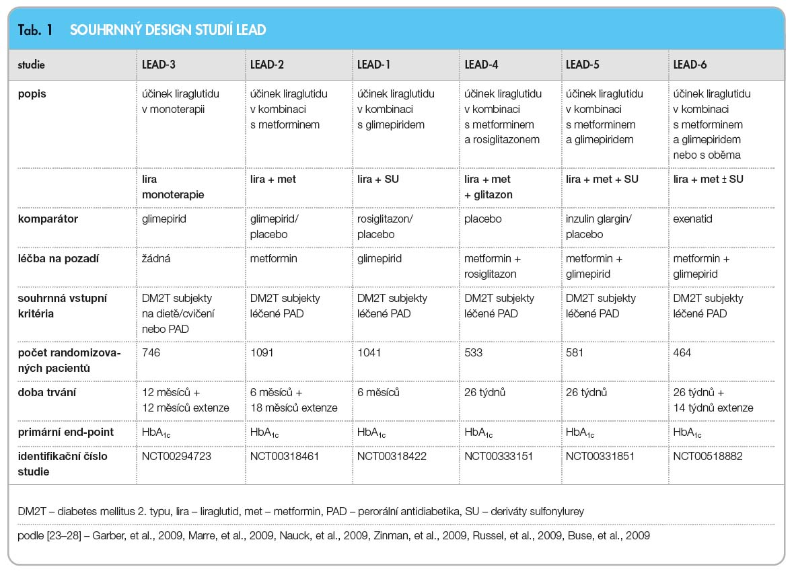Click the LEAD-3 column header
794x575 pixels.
click(159, 65)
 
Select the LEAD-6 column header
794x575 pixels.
click(690, 65)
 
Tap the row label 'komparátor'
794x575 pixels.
click(48, 219)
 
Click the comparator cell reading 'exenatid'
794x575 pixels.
click(692, 219)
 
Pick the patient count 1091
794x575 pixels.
click(262, 353)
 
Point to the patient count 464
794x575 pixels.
click(682, 353)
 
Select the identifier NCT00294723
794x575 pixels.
click(176, 456)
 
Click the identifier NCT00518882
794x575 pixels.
click(707, 456)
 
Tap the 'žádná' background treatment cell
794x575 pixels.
click(156, 259)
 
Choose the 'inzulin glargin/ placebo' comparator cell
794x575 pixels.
click(599, 226)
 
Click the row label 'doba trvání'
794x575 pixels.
click(46, 392)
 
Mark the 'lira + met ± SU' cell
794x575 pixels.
click(708, 179)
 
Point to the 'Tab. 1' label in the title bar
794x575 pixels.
click(35, 30)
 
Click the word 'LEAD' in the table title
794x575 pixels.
click(251, 30)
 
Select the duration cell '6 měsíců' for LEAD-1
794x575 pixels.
click(378, 392)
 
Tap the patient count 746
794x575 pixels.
click(151, 353)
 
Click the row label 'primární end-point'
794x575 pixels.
click(66, 432)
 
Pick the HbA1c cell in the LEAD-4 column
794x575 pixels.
click(478, 433)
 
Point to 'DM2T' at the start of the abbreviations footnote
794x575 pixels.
click(32, 511)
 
